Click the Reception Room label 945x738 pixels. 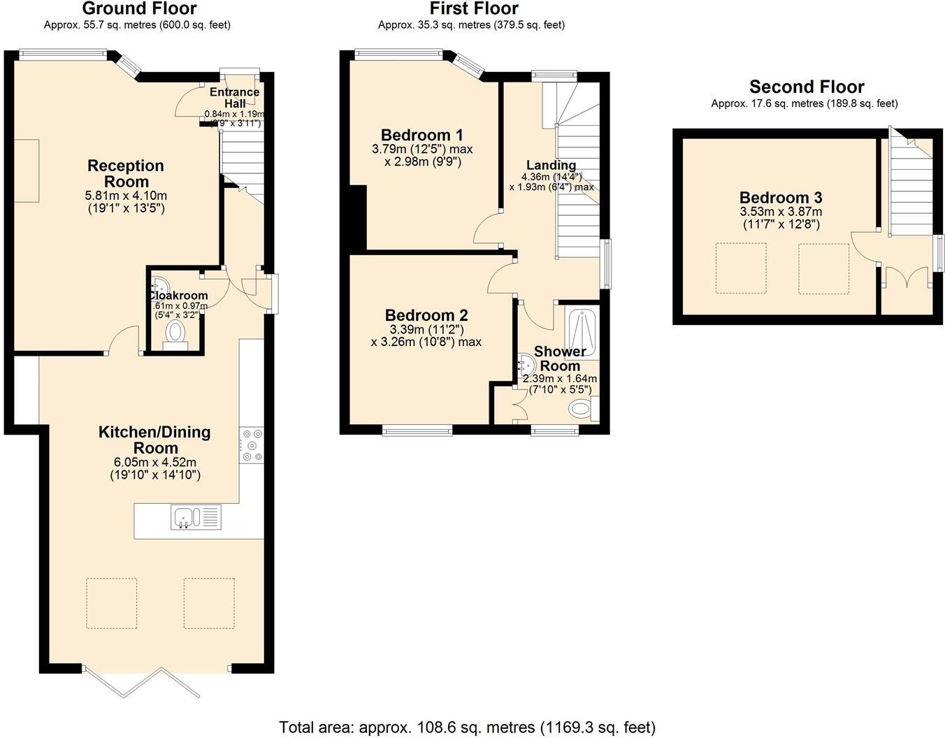[x=126, y=173]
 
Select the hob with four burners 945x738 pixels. [x=252, y=444]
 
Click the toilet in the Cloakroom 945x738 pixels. [x=175, y=334]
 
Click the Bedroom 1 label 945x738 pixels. [x=421, y=135]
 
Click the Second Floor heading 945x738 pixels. [x=807, y=87]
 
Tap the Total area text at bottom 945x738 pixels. [x=467, y=727]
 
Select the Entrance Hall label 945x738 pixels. [x=235, y=98]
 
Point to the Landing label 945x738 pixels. [x=551, y=165]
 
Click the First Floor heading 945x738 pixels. [x=474, y=8]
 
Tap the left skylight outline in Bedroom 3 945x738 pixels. [x=740, y=268]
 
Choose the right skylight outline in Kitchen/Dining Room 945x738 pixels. [x=209, y=602]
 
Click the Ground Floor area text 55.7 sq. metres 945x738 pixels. [x=137, y=25]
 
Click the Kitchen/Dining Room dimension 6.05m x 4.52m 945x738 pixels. [x=155, y=462]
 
